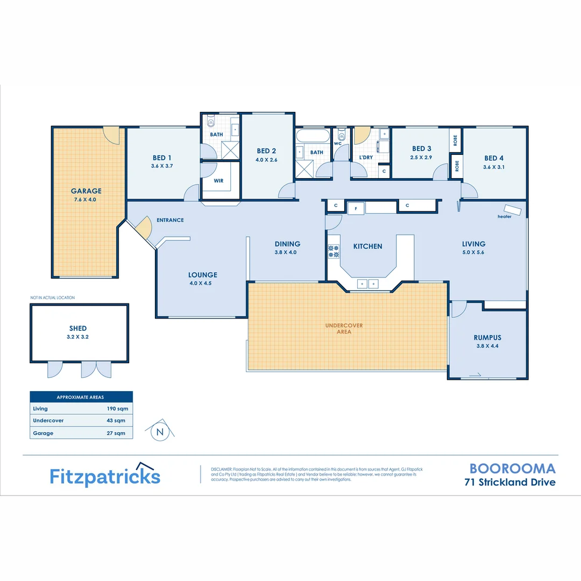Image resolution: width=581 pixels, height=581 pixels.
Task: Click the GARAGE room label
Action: [x=86, y=191]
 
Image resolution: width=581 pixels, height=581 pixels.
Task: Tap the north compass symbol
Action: [x=160, y=431]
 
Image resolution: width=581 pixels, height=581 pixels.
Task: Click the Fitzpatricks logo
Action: [x=105, y=476]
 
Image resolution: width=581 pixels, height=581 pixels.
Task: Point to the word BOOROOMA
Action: [x=513, y=469]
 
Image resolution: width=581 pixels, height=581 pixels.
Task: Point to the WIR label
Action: [x=218, y=181]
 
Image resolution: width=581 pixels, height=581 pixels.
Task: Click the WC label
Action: [x=338, y=144]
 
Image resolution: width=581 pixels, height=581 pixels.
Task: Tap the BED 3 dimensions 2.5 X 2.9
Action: [x=422, y=158]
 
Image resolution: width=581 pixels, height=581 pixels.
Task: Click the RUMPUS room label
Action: [x=487, y=337]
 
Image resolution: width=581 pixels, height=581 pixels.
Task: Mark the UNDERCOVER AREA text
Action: [x=344, y=329]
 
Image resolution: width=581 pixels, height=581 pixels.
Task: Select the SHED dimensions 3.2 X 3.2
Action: [x=78, y=337]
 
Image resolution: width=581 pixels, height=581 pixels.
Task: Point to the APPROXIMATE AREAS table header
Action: [x=81, y=397]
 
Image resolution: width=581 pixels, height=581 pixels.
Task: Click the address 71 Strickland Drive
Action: [x=510, y=482]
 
